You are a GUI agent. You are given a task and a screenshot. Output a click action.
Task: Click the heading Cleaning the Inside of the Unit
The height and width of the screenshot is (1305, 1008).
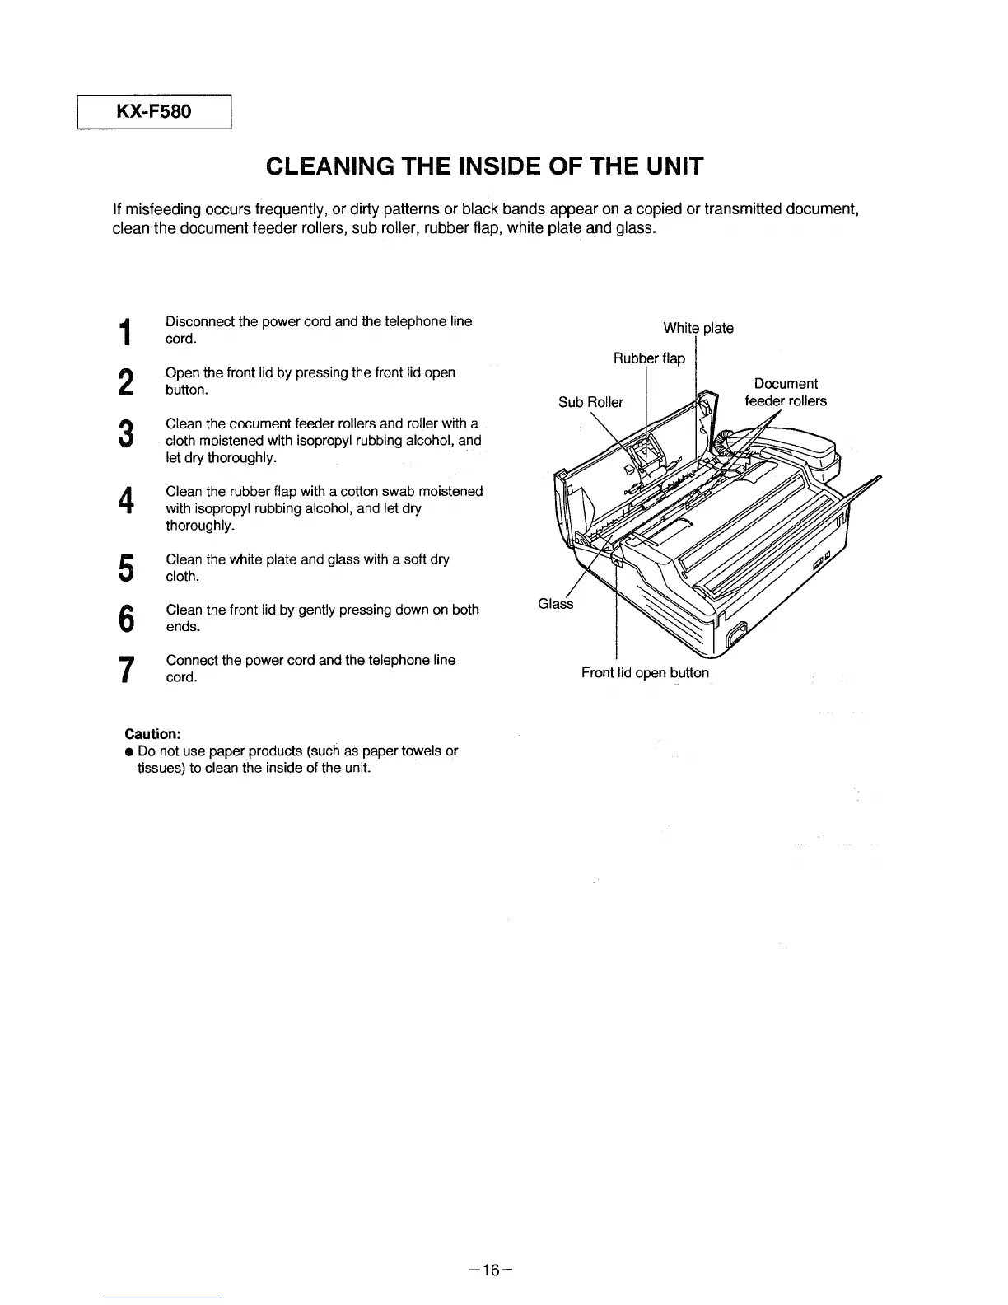tap(484, 166)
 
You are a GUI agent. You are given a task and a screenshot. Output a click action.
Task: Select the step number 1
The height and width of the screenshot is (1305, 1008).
tap(125, 331)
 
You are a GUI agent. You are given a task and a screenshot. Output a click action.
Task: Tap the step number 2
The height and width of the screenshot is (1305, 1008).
tap(125, 382)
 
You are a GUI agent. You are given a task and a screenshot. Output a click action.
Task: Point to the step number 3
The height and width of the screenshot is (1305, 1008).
tap(125, 433)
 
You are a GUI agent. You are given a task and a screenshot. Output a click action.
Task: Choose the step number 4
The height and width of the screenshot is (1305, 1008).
tap(125, 500)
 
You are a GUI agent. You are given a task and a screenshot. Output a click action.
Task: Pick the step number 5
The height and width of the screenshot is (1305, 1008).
tap(125, 568)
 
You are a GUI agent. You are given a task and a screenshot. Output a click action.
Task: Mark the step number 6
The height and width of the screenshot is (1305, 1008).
tap(125, 619)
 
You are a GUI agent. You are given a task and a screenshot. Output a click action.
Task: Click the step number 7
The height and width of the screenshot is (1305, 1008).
tap(125, 669)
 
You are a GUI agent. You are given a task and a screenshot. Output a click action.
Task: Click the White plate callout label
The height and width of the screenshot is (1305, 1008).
tap(698, 329)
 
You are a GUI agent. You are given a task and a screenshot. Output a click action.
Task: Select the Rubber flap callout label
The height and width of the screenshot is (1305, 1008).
tap(649, 358)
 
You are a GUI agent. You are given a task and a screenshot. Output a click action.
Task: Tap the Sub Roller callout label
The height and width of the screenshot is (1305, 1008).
tap(590, 402)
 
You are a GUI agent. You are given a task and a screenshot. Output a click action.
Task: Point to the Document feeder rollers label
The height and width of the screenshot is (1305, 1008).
tap(786, 392)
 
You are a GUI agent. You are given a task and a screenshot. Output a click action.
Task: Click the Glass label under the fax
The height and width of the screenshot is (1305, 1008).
tap(555, 604)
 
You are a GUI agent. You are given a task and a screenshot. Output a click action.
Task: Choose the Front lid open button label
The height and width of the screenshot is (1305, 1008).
tap(645, 673)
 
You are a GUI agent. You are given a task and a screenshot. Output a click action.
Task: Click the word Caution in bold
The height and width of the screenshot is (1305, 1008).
tap(152, 733)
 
